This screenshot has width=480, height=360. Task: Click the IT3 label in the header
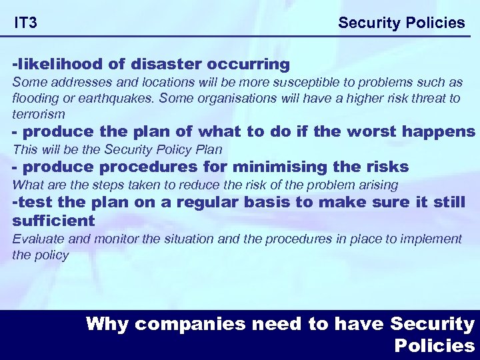pos(26,23)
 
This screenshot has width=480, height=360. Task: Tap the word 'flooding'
pos(35,99)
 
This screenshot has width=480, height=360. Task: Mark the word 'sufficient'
pos(53,220)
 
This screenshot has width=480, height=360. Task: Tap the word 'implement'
pos(434,239)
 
